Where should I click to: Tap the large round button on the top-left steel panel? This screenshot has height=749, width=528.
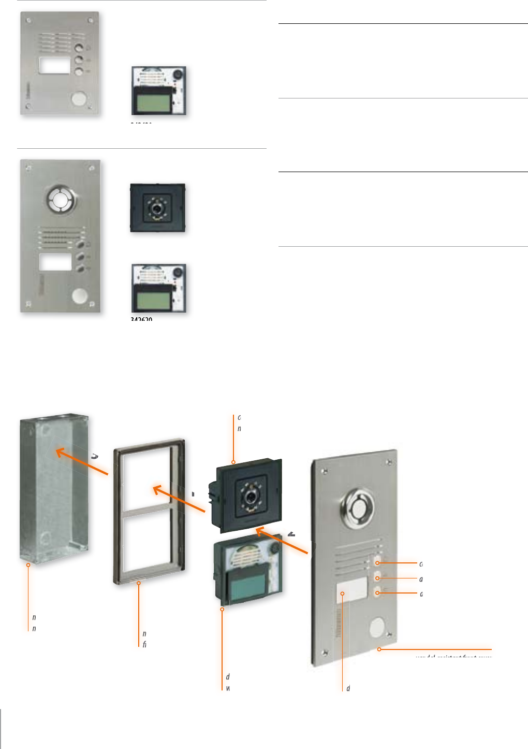click(79, 98)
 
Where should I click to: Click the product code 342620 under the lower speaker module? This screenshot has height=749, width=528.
click(141, 319)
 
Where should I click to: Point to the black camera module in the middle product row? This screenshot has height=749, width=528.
click(157, 207)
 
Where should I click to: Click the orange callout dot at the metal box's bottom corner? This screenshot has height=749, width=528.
click(28, 565)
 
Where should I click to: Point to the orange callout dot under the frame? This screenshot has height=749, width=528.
click(139, 583)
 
